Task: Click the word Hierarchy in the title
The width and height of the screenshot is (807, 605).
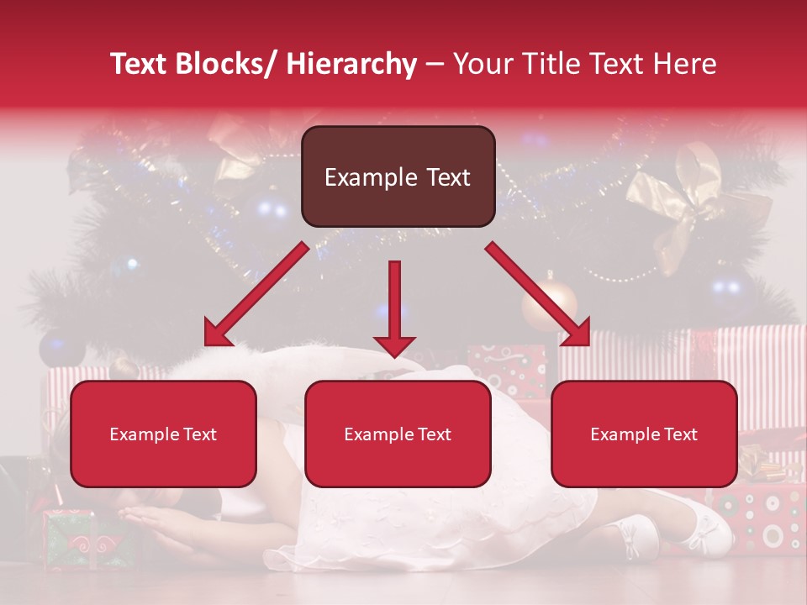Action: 351,64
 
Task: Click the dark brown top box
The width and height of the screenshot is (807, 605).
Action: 398,176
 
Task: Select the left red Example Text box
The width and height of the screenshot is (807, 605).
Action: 163,434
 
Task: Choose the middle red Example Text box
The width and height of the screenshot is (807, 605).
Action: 398,434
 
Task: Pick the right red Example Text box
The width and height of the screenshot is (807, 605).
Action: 644,434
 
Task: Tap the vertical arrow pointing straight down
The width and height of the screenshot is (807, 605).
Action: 394,307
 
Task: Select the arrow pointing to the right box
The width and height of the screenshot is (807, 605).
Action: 538,294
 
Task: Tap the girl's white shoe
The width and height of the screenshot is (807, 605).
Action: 702,529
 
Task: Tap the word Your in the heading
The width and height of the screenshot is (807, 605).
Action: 480,64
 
